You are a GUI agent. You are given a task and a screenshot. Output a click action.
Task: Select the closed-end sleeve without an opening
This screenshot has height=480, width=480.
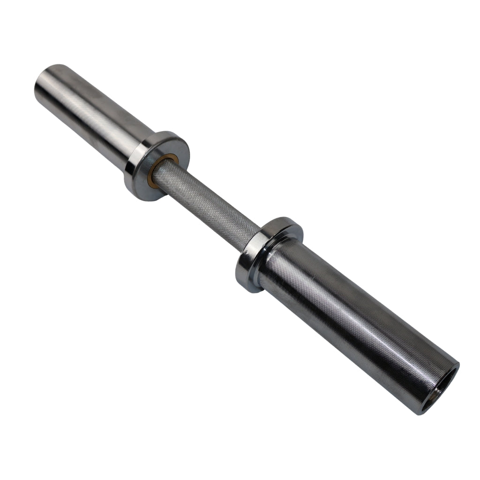click(94, 112)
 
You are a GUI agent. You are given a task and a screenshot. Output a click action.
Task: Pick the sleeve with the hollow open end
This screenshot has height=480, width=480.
click(356, 323)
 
